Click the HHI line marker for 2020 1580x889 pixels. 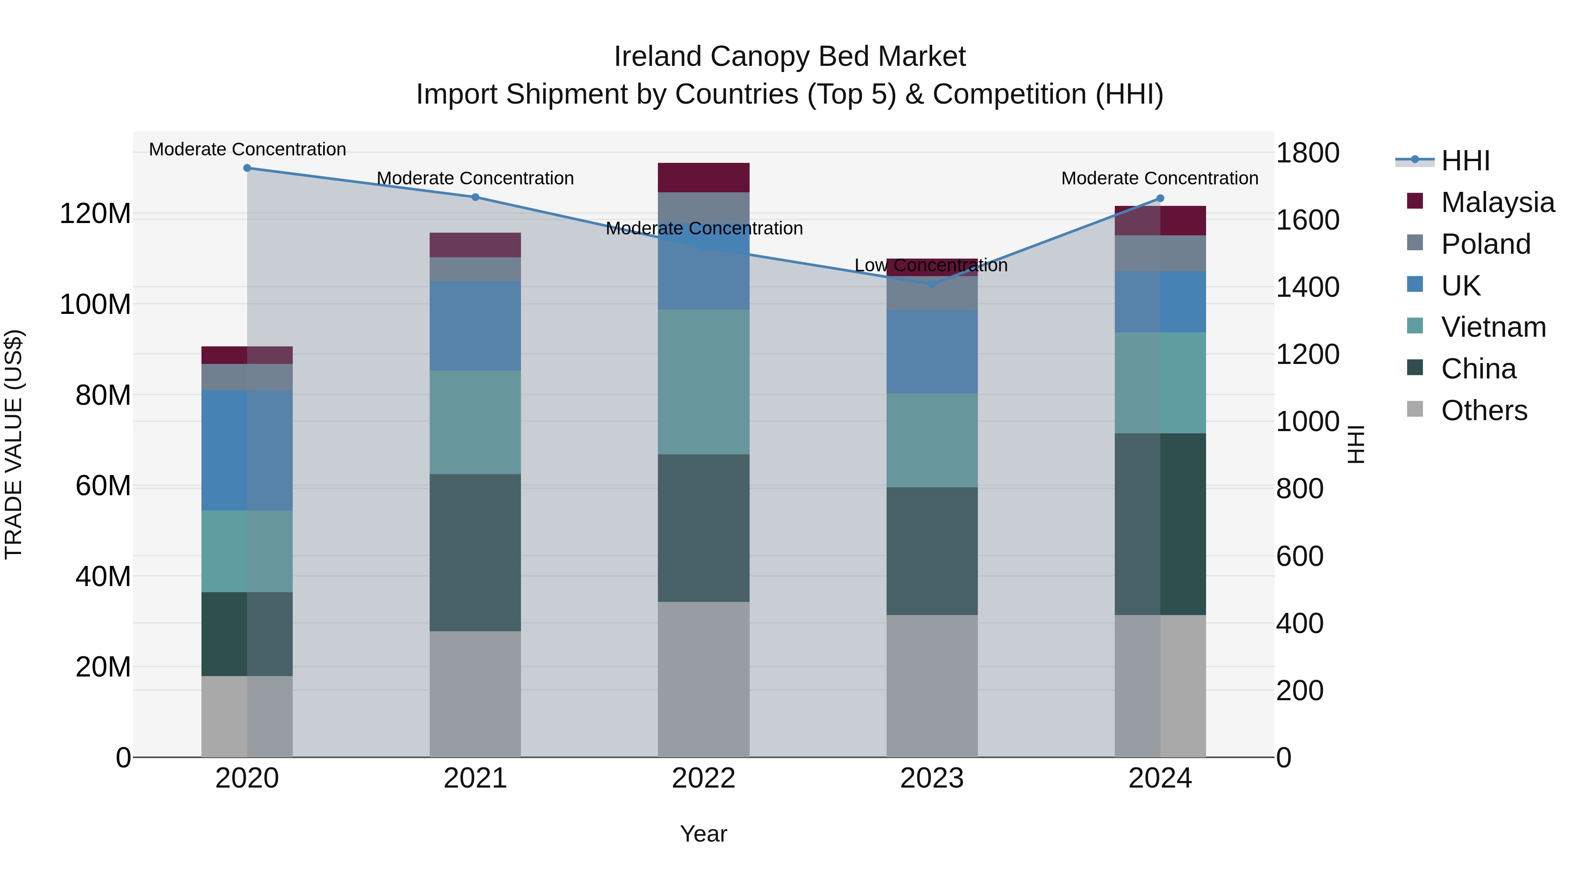[x=247, y=168]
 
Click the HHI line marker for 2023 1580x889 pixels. [x=932, y=284]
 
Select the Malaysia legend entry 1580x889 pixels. [x=1497, y=202]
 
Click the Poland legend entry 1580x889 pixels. [x=1486, y=244]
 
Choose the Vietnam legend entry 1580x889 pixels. [x=1493, y=327]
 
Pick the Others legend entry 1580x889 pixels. [x=1484, y=410]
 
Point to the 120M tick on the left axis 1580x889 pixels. [x=95, y=214]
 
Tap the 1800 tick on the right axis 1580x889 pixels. [x=1308, y=153]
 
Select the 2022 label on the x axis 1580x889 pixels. [x=704, y=778]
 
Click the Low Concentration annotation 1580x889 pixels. [x=930, y=266]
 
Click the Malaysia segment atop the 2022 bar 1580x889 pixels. [x=704, y=177]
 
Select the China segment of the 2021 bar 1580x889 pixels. [x=475, y=552]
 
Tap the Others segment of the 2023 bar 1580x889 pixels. [x=932, y=686]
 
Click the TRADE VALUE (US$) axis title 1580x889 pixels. [x=14, y=444]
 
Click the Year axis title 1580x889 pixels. [x=704, y=834]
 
